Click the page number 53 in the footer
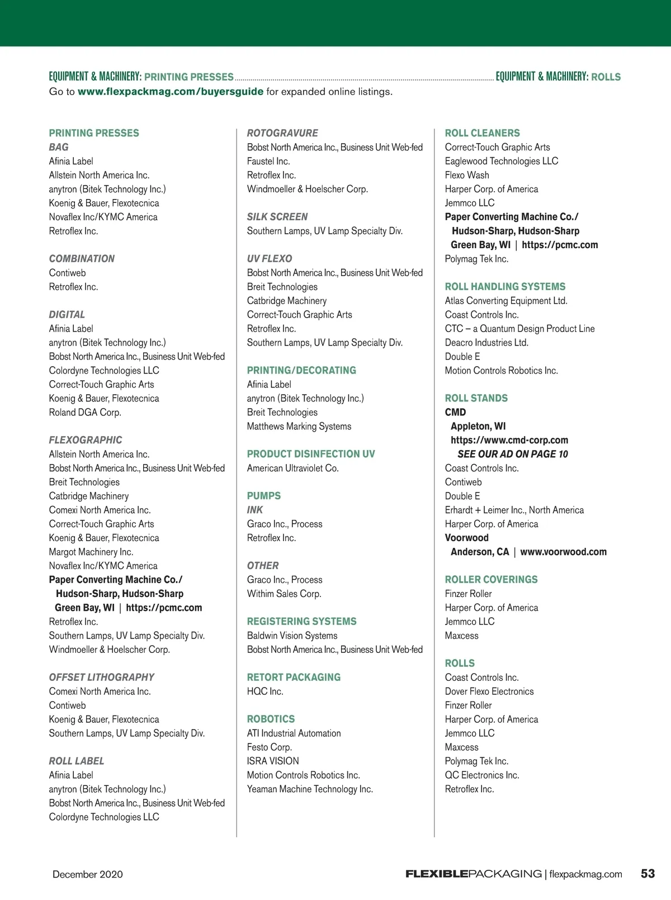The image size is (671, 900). (x=648, y=873)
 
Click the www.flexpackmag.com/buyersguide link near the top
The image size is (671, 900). (x=170, y=92)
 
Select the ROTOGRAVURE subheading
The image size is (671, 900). (x=282, y=133)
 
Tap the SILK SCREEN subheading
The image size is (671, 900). (x=277, y=217)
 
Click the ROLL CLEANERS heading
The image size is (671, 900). (x=482, y=133)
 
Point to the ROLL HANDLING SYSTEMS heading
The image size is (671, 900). (x=505, y=287)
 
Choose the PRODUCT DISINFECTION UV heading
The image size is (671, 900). (x=311, y=454)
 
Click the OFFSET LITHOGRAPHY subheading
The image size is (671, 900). (x=101, y=678)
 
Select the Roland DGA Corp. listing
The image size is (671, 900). (x=85, y=413)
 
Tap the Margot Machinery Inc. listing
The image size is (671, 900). (x=91, y=552)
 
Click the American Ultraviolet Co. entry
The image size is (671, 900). (x=292, y=468)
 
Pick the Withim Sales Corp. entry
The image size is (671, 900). (x=284, y=594)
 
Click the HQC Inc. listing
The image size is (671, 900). (x=265, y=691)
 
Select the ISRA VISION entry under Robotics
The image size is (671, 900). (x=273, y=761)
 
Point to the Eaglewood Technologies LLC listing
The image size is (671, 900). (x=501, y=161)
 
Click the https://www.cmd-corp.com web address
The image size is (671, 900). (x=509, y=440)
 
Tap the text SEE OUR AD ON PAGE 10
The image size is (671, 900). (x=512, y=454)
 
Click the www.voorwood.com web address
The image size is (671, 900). (x=563, y=552)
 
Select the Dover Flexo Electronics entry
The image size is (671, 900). (x=489, y=691)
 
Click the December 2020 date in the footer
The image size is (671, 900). (x=88, y=874)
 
